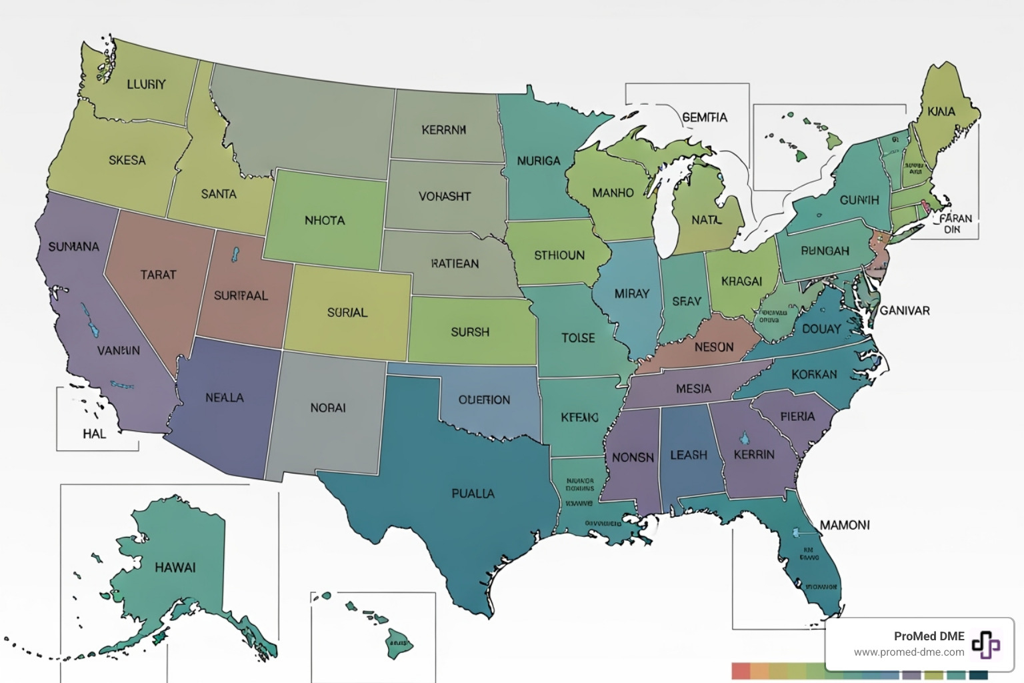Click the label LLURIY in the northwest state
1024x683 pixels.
click(146, 85)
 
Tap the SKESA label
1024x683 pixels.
click(127, 160)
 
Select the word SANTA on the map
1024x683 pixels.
click(219, 194)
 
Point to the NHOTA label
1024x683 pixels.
click(325, 220)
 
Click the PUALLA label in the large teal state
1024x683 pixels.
click(473, 494)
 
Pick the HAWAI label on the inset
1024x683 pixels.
click(175, 568)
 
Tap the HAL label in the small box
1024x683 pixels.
click(94, 434)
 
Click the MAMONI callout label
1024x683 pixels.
click(845, 525)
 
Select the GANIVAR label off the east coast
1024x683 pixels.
click(904, 310)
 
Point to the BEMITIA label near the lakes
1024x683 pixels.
click(705, 117)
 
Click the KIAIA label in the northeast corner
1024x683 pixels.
click(941, 111)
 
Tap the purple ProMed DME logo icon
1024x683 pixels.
click(985, 644)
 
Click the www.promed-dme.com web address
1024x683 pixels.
click(909, 652)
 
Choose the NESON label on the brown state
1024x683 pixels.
click(713, 347)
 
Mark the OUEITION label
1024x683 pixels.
click(484, 400)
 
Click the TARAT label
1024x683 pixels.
click(158, 275)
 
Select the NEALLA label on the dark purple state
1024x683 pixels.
click(225, 398)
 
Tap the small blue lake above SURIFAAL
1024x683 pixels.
click(235, 255)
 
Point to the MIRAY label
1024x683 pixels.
click(631, 293)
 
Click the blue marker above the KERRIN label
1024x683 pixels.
click(744, 438)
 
